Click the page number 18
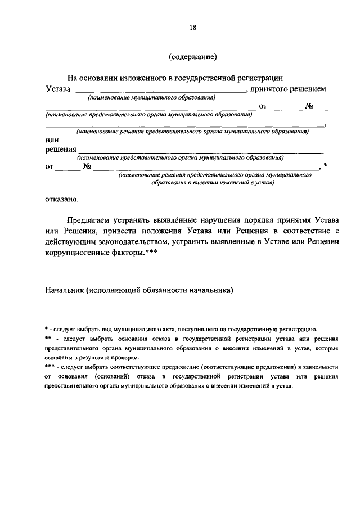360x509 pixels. (192, 26)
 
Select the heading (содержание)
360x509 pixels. (192, 56)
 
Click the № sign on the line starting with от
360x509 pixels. (87, 166)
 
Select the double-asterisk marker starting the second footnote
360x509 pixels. (48, 338)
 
